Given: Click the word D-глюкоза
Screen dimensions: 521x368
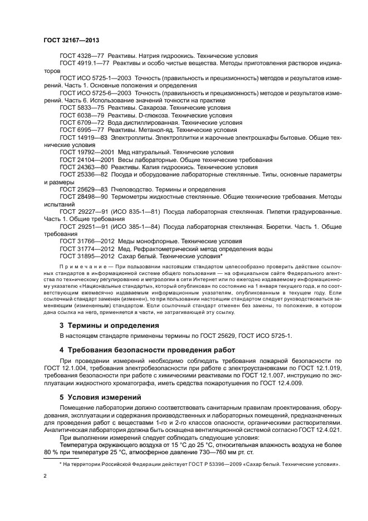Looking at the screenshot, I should tap(154, 115).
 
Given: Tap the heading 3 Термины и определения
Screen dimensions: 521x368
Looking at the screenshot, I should tap(109, 325).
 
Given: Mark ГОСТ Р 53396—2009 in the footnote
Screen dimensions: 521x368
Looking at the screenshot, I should tap(206, 464).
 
